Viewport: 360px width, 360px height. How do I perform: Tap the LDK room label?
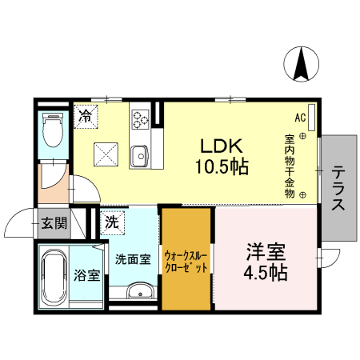point(221,147)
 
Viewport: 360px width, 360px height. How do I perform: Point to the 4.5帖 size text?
point(266,272)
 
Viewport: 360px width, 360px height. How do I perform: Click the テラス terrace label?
point(338,188)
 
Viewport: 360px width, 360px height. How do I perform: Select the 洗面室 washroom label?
point(132,258)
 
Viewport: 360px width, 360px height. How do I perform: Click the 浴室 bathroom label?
point(87,276)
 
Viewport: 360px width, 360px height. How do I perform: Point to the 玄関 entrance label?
point(54,222)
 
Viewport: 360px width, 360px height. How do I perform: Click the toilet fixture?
point(53,130)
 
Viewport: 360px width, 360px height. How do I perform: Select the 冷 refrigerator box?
point(85,114)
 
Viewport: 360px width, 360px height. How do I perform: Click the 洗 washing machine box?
point(113,222)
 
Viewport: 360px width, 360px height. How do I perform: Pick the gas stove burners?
point(141,118)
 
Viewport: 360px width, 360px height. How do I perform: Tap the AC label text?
point(300,118)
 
